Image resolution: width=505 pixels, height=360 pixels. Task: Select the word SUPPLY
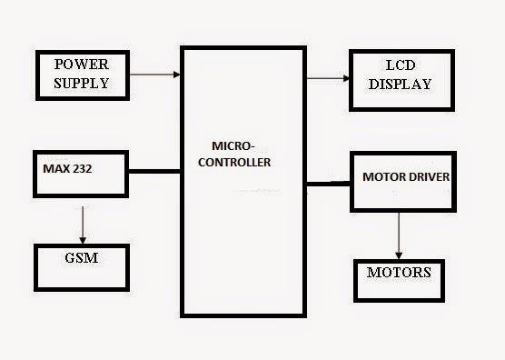[81, 83]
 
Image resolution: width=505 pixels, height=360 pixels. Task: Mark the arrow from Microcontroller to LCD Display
[327, 78]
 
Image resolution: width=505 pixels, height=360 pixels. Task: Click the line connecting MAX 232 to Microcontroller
[153, 170]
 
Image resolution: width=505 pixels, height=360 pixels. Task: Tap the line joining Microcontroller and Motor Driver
[328, 184]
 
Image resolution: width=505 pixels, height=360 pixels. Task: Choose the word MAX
[55, 168]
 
